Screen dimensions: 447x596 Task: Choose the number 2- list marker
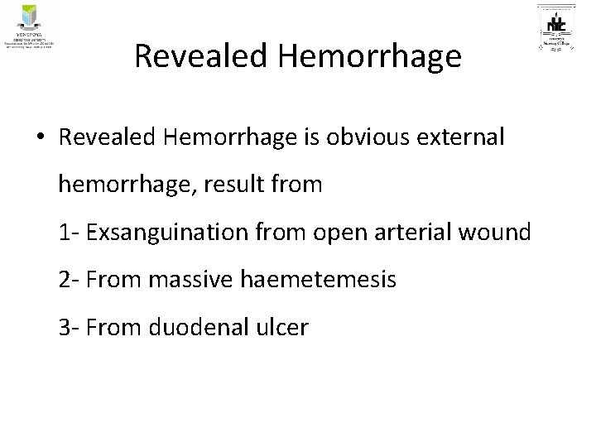[69, 281]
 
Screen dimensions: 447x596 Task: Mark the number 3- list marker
[69, 328]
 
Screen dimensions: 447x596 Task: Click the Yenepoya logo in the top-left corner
[30, 26]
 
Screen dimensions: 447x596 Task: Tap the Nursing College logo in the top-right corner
[560, 29]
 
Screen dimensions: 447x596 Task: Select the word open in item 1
[335, 234]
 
